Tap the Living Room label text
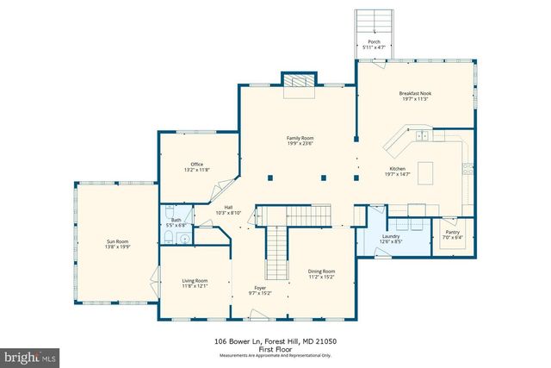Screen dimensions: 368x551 click(x=195, y=280)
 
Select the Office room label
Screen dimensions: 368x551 click(x=196, y=164)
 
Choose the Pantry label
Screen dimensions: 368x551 click(x=453, y=231)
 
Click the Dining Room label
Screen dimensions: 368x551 click(x=322, y=271)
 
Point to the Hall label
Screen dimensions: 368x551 click(x=228, y=207)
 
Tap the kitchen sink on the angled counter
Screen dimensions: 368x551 click(x=421, y=135)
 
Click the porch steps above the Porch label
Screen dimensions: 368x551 click(x=374, y=22)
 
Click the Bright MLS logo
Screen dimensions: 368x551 click(x=30, y=355)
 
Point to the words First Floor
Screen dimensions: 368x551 click(x=275, y=349)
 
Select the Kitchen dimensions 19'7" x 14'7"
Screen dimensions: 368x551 click(x=397, y=174)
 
